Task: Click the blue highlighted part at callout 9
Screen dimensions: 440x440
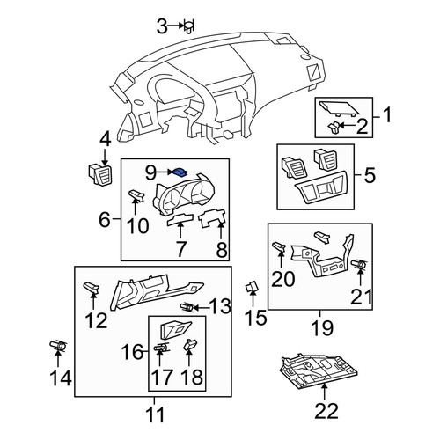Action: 180,172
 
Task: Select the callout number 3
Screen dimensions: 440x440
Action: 162,26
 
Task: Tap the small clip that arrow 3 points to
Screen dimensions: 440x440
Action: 189,26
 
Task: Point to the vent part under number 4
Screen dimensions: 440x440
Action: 100,174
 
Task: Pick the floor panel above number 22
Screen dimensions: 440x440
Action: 319,370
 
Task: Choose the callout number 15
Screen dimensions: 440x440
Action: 256,318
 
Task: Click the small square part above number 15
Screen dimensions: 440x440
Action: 252,286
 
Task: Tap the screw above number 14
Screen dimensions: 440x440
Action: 58,345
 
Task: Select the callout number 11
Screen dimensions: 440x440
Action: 155,414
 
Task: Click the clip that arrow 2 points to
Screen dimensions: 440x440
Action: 334,128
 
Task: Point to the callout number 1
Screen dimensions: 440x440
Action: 387,114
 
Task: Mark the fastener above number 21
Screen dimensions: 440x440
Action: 360,264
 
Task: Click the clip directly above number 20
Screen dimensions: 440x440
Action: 279,247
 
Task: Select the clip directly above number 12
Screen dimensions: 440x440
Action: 92,287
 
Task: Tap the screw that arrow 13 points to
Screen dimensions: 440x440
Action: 187,307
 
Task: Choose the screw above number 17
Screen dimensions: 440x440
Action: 161,348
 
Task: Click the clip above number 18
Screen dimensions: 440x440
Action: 190,344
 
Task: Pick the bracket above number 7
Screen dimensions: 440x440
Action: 180,220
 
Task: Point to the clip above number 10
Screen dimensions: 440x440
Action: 136,195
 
